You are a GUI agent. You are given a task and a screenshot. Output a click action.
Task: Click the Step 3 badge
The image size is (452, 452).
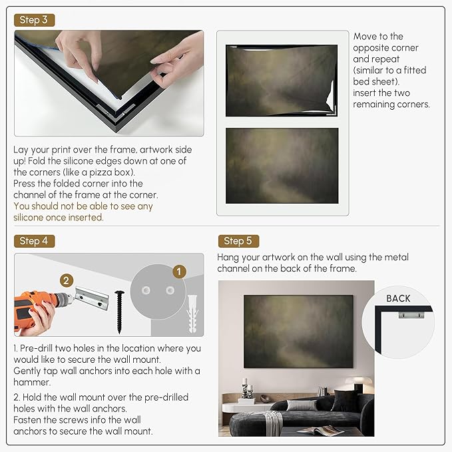click(x=34, y=20)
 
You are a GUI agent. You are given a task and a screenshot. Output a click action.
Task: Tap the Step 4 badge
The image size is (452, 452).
click(x=34, y=241)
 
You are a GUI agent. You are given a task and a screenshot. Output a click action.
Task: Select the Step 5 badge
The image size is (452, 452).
click(x=238, y=241)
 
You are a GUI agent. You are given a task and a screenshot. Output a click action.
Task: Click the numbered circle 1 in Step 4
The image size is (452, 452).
click(x=179, y=272)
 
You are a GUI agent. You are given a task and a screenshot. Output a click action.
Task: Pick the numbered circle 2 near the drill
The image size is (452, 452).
click(x=67, y=280)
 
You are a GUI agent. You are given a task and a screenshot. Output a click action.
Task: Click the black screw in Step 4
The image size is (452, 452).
click(x=119, y=312)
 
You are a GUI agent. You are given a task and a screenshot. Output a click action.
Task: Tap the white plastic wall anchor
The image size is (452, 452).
click(x=192, y=314)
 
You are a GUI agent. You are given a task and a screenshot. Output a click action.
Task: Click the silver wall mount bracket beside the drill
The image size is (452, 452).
click(x=92, y=298)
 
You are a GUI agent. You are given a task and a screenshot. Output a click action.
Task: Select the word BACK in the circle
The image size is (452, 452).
click(x=398, y=298)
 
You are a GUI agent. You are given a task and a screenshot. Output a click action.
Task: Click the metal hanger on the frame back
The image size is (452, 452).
click(x=411, y=314)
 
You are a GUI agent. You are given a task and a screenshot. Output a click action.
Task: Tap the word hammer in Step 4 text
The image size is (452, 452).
click(x=31, y=382)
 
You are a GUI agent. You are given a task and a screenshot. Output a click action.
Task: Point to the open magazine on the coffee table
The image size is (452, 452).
click(x=320, y=431)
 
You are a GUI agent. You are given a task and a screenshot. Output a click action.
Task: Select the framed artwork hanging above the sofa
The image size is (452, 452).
click(x=298, y=332)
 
